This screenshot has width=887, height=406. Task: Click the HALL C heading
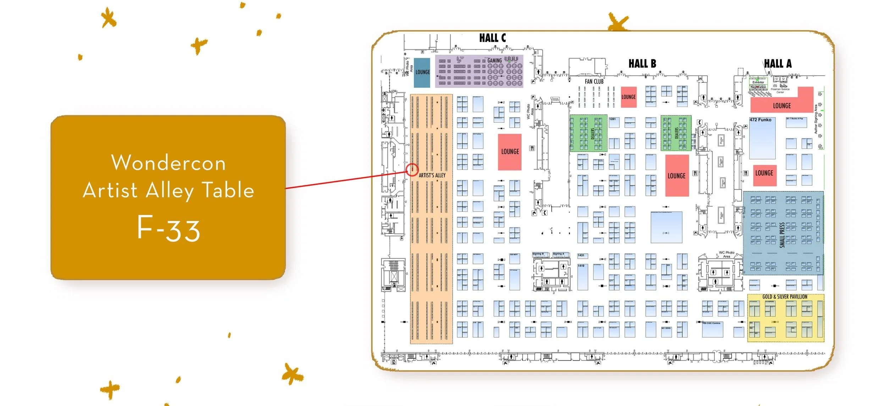coord(492,38)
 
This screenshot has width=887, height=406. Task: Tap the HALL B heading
coord(642,64)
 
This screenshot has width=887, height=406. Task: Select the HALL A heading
coord(778,64)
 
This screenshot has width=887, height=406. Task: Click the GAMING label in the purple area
coord(495,61)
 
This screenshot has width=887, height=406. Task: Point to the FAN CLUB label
coord(594,82)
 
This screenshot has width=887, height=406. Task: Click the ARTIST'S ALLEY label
coord(432,175)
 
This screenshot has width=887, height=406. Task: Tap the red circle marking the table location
coord(412,170)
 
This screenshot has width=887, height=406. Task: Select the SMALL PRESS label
coord(782,234)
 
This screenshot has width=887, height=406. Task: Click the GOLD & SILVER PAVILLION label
coord(785,297)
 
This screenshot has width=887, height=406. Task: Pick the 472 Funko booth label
coord(760,120)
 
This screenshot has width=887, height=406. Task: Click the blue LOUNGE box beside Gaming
coord(422,72)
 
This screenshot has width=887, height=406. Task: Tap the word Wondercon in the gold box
coord(169,163)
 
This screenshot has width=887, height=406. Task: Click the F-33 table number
coord(169,229)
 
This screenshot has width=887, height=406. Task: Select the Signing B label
coord(538,254)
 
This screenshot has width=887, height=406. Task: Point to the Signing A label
coord(558,254)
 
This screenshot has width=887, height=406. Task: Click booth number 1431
coord(581,255)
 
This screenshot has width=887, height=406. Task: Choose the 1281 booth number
coord(612,119)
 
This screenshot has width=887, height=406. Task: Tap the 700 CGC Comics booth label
coord(711,323)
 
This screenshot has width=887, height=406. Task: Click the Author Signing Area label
coord(816,119)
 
